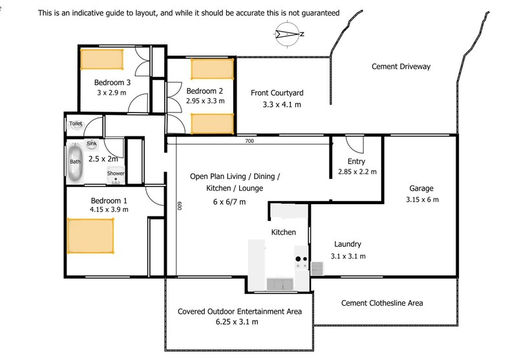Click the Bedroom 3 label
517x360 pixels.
point(112,83)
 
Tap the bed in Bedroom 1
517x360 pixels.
point(90,235)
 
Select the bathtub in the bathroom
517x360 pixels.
point(75,162)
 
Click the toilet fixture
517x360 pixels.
point(76,123)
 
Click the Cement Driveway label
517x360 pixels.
point(401,67)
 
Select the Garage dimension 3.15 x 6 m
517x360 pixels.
point(422,200)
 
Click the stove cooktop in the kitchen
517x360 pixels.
point(301,261)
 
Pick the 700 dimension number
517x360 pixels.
point(249,141)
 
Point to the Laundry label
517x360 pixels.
point(347,244)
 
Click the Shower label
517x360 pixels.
point(115,173)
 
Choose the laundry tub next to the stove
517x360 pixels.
point(317,268)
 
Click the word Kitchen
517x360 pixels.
point(283,232)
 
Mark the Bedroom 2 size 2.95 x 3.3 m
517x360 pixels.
point(205,101)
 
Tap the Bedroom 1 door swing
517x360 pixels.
point(156,195)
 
